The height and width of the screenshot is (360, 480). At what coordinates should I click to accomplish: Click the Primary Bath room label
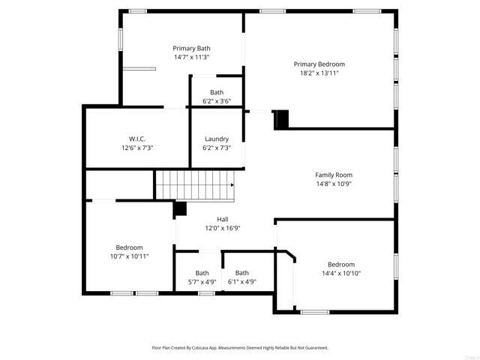click(x=192, y=48)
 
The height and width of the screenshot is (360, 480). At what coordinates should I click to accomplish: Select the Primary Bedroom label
click(x=319, y=64)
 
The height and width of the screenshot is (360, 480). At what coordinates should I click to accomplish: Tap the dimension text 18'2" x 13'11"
click(x=319, y=73)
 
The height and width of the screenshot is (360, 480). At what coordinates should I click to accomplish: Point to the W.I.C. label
click(x=136, y=139)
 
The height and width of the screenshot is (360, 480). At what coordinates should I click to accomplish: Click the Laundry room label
click(x=217, y=139)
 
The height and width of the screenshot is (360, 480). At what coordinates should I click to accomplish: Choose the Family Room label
click(x=333, y=175)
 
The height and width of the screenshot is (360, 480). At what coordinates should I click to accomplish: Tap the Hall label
click(x=212, y=220)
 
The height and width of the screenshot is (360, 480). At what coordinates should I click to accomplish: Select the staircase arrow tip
click(x=233, y=184)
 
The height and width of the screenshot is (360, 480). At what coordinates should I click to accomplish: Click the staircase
click(x=193, y=184)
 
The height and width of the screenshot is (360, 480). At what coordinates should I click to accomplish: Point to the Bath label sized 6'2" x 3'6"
click(x=217, y=92)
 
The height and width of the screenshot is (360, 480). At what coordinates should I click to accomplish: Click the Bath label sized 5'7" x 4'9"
click(x=202, y=273)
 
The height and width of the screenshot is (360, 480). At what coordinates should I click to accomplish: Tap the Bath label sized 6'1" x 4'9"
click(x=242, y=273)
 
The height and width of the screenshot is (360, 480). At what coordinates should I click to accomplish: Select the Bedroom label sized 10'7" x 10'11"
click(x=129, y=247)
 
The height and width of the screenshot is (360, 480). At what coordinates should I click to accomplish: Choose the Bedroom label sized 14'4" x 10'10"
click(x=341, y=264)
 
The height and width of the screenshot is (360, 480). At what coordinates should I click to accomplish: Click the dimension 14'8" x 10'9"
click(x=333, y=184)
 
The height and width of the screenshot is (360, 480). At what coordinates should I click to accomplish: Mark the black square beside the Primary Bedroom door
click(x=281, y=119)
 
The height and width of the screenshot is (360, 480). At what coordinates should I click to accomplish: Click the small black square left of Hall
click(x=180, y=208)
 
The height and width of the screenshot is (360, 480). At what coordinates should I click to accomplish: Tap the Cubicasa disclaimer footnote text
click(x=240, y=348)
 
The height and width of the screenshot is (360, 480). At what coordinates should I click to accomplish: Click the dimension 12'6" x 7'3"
click(x=136, y=148)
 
